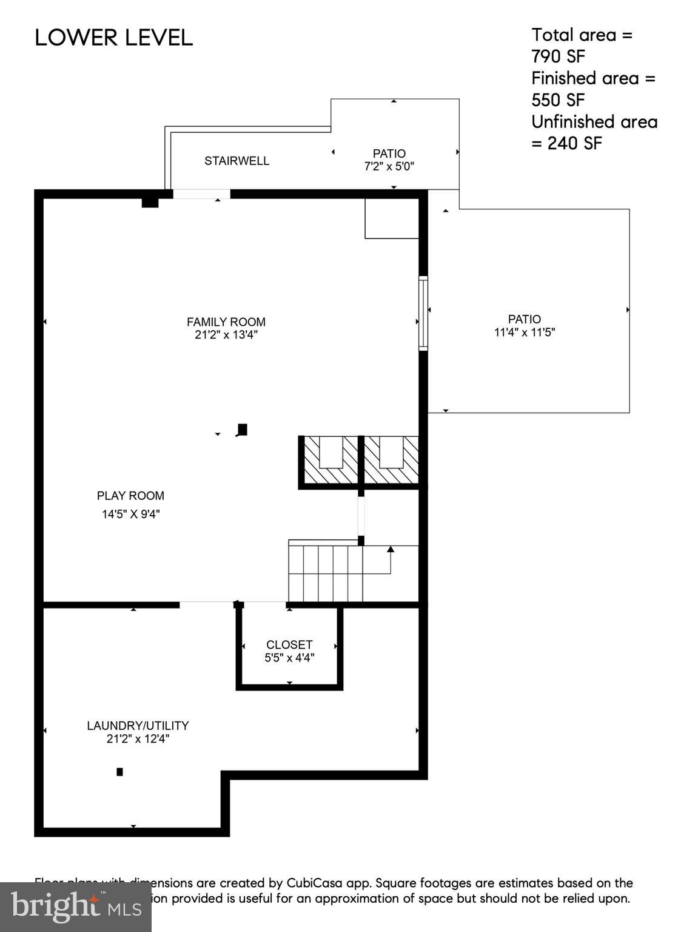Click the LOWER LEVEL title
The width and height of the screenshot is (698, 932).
click(113, 38)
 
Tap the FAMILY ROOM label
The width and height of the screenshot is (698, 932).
click(226, 322)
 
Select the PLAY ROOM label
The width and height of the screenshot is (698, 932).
click(130, 496)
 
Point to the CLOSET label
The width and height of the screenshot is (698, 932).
click(289, 645)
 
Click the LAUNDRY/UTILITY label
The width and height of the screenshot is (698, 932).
click(138, 726)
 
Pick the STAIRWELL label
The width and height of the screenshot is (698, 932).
click(237, 161)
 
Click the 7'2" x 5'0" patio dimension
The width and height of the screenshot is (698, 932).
click(389, 166)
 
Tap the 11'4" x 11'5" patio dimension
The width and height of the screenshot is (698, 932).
click(525, 333)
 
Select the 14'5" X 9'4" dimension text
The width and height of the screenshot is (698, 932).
click(130, 515)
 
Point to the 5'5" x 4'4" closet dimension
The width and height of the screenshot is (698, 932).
click(289, 658)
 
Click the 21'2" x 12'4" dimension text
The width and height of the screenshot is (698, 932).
click(138, 739)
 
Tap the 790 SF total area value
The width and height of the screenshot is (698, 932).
click(558, 56)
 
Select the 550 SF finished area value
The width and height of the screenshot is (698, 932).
click(558, 100)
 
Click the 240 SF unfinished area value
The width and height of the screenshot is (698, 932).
click(574, 144)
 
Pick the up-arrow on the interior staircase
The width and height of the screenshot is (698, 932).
click(391, 550)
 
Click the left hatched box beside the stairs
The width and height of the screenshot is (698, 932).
click(331, 461)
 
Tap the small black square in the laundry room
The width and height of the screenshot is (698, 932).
click(120, 772)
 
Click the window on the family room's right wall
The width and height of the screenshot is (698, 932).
click(423, 313)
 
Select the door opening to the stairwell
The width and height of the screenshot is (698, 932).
click(201, 194)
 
